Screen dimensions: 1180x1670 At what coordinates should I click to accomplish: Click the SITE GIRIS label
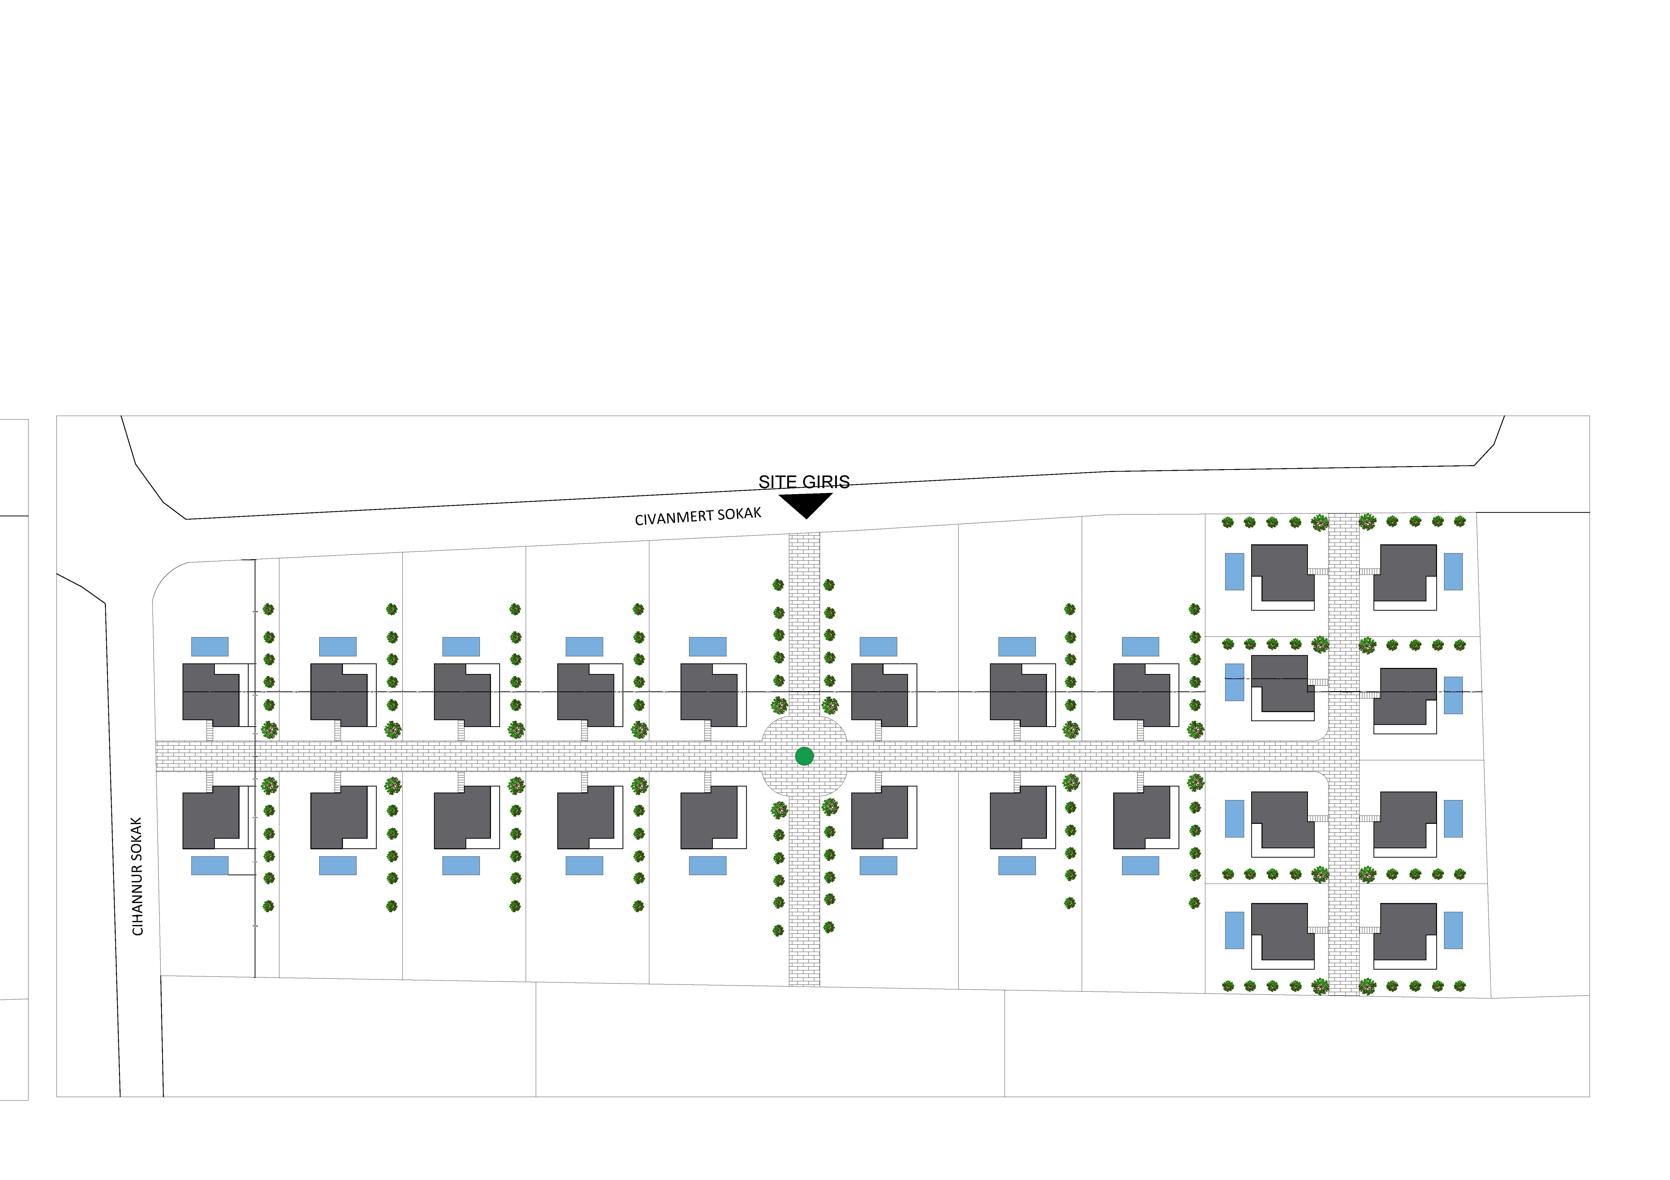point(804,482)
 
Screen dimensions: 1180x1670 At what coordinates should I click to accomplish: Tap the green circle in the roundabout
point(804,756)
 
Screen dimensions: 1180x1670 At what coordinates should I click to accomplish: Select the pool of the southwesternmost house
point(210,866)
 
